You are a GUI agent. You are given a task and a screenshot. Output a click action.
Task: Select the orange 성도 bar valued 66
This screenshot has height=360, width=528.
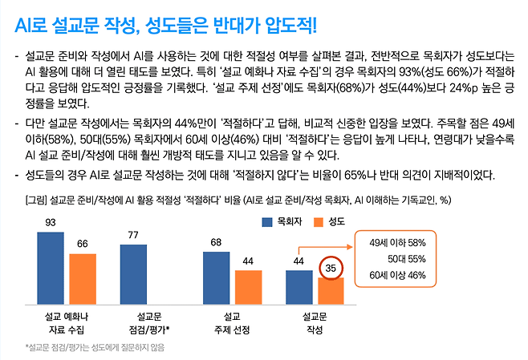tap(82, 278)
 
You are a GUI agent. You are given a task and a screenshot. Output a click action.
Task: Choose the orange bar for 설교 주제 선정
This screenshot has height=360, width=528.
tap(248, 287)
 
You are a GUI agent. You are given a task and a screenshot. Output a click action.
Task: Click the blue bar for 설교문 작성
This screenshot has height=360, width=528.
tap(299, 287)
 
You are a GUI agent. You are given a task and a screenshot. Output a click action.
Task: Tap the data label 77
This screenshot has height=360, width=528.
tap(133, 235)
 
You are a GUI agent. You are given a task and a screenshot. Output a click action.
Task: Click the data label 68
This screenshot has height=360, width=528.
tap(216, 242)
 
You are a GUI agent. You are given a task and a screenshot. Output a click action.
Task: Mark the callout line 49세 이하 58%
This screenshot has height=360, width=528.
tap(397, 242)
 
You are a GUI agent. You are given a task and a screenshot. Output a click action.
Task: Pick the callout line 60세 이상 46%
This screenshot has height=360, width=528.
tap(397, 275)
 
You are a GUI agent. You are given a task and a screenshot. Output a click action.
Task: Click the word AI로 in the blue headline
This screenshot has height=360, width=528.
tap(30, 26)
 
